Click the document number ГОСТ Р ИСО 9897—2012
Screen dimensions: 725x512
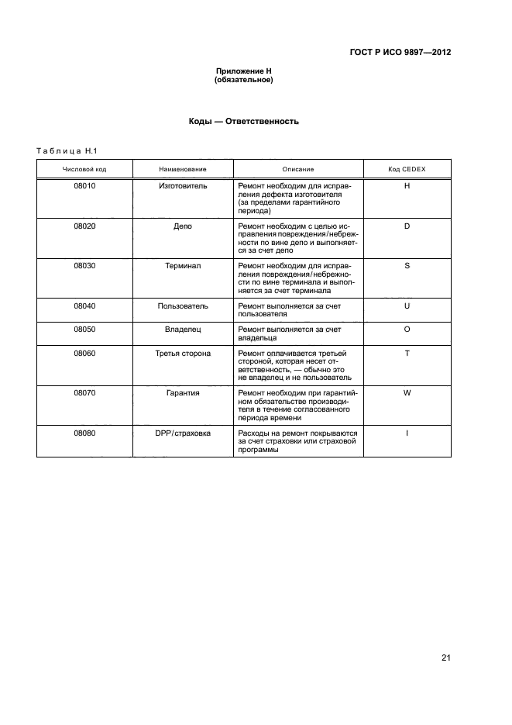[400, 53]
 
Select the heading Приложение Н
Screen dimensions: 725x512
[243, 71]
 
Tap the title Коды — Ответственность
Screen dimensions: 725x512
[243, 122]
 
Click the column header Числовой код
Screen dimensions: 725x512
[84, 169]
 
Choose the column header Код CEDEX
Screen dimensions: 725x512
[407, 169]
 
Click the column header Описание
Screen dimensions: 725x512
[298, 169]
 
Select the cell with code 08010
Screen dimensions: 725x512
[84, 187]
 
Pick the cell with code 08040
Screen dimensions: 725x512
[84, 306]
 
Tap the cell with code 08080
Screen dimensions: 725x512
[84, 433]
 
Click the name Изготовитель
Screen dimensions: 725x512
[183, 187]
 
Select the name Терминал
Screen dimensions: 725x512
[183, 266]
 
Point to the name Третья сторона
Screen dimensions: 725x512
[183, 354]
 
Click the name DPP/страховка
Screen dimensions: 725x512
[183, 433]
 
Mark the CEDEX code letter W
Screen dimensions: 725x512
[407, 393]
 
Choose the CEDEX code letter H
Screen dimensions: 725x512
[407, 187]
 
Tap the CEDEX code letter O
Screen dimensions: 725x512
[407, 330]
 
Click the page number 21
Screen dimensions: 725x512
[445, 658]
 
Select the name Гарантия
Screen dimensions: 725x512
[183, 393]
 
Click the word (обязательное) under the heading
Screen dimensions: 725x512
[243, 80]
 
